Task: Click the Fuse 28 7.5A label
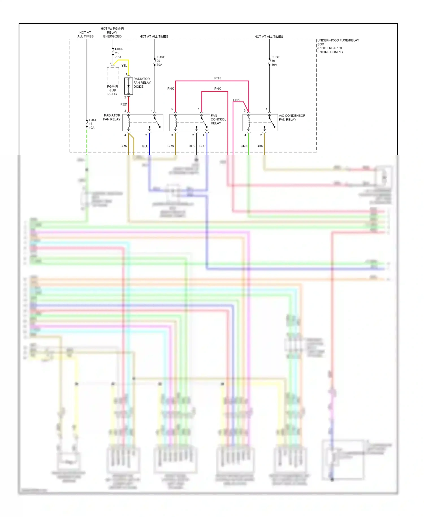coord(119,53)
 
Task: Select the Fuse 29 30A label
coord(161,61)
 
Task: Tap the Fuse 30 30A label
coord(275,61)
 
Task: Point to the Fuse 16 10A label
coord(93,124)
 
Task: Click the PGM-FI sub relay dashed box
coord(113,76)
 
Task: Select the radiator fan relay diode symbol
coord(129,86)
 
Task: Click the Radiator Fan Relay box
coord(143,122)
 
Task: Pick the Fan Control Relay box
coord(190,122)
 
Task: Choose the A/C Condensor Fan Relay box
coord(260,122)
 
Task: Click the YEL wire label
coord(124,66)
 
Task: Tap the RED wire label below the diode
coord(124,104)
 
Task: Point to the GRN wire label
coord(244,146)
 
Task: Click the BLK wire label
coord(192,146)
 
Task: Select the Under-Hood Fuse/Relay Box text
coord(338,46)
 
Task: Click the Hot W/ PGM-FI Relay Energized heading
coord(112,33)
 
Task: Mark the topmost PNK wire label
coord(217,78)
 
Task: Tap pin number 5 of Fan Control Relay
coord(172,109)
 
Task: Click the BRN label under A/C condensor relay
coord(260,146)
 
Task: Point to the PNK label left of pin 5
coord(170,89)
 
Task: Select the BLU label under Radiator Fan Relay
coord(145,146)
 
